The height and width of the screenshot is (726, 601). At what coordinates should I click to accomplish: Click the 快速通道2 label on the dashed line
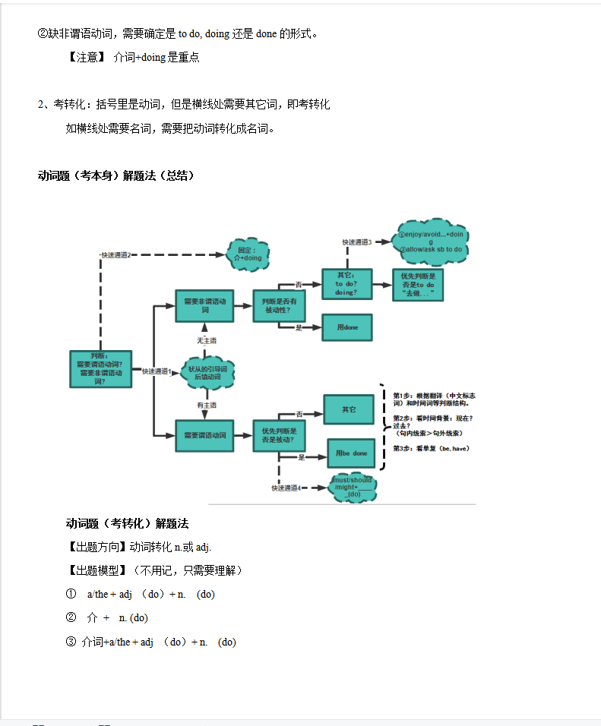pos(116,254)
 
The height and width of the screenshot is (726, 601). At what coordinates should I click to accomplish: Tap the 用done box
pos(346,327)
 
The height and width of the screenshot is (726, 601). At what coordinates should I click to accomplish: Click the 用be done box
pos(351,453)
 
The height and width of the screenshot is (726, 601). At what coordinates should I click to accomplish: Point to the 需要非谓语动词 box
pos(204,305)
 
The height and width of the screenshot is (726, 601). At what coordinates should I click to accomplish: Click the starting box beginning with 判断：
pos(100,369)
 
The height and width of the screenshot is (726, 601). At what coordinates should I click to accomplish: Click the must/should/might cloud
pos(353,487)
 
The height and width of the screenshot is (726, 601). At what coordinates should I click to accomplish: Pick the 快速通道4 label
pos(286,488)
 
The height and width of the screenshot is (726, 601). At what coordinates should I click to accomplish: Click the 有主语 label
pos(207,405)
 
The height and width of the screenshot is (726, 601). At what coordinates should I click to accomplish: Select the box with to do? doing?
pos(346,283)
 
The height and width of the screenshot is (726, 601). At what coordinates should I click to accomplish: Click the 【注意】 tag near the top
pos(86,58)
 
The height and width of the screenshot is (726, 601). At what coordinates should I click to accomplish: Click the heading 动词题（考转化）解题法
pos(127,523)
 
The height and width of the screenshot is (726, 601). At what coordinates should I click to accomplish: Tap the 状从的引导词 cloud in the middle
pos(207,372)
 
